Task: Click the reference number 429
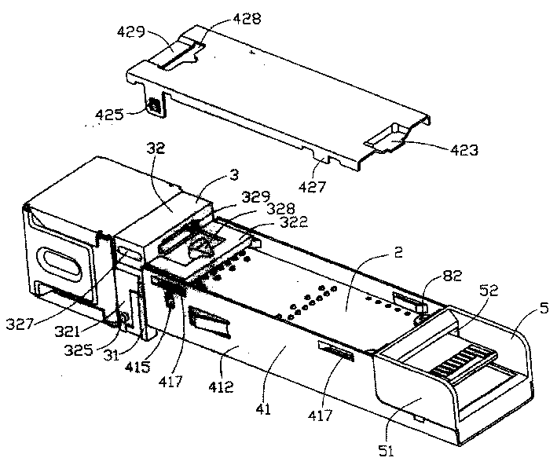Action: coord(131,32)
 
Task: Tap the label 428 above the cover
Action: coord(247,19)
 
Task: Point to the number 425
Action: coord(108,115)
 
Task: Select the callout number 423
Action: coord(464,150)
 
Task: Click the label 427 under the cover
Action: coord(312,186)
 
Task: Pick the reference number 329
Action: coord(256,196)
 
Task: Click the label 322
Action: coord(294,222)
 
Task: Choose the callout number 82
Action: coord(452,276)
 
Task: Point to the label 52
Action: coord(489,291)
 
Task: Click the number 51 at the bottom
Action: coord(386,451)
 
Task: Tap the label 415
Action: coord(137,367)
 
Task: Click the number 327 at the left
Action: coord(19,324)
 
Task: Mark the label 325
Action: coord(78,350)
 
